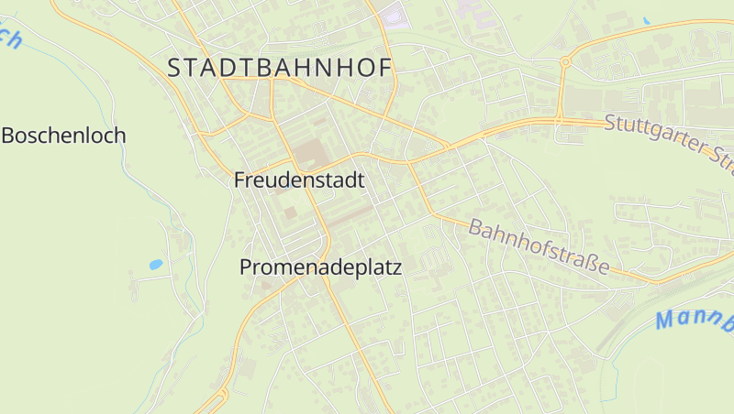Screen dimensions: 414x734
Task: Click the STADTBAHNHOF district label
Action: click(x=280, y=67)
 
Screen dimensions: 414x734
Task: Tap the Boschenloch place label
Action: click(x=63, y=136)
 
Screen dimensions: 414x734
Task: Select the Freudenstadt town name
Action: click(x=299, y=180)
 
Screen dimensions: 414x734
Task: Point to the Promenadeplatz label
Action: click(x=320, y=267)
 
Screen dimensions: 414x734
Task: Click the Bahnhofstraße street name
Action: click(x=539, y=246)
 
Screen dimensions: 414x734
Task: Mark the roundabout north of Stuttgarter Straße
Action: click(x=565, y=62)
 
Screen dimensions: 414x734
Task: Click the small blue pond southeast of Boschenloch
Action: click(x=156, y=265)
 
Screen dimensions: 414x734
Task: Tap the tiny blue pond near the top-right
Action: click(x=646, y=20)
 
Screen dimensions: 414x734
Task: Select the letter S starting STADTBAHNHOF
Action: click(x=175, y=67)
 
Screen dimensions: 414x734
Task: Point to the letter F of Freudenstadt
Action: click(x=240, y=180)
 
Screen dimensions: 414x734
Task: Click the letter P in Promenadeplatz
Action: click(x=246, y=267)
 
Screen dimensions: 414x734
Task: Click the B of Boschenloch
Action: click(x=8, y=136)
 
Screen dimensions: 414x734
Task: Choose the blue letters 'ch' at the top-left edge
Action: click(x=9, y=38)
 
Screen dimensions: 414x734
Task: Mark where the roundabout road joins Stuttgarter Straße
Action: click(x=558, y=119)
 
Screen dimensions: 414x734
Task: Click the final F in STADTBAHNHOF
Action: click(x=384, y=67)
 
